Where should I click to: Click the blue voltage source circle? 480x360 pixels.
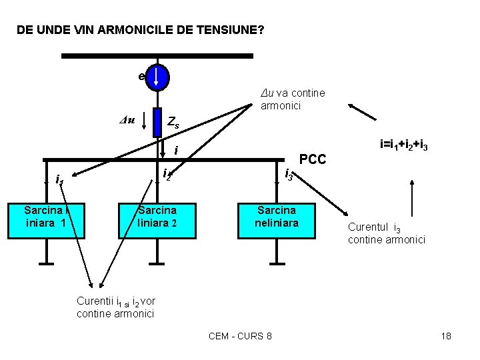pyautogui.click(x=157, y=77)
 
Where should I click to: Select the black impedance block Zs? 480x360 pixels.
pyautogui.click(x=158, y=121)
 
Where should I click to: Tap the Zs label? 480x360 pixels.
pyautogui.click(x=173, y=123)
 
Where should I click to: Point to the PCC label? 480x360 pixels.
pyautogui.click(x=313, y=159)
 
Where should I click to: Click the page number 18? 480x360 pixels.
pyautogui.click(x=446, y=336)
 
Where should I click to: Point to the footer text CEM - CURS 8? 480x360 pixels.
pyautogui.click(x=240, y=336)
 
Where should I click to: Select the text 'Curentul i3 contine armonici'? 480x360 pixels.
pyautogui.click(x=386, y=233)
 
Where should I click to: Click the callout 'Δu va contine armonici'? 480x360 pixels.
pyautogui.click(x=293, y=99)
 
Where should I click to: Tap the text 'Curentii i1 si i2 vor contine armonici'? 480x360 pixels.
pyautogui.click(x=117, y=307)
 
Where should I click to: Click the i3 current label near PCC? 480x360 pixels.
pyautogui.click(x=289, y=175)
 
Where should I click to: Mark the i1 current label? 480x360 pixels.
pyautogui.click(x=59, y=179)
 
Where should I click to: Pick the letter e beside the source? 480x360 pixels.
pyautogui.click(x=141, y=77)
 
